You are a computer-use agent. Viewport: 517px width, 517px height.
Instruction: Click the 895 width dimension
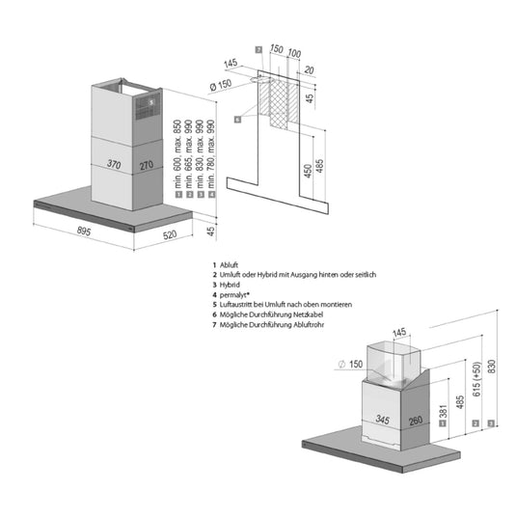click(x=84, y=231)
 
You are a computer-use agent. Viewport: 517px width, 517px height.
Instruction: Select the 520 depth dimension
click(x=170, y=234)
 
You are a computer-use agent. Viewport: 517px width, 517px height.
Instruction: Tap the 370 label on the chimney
click(x=114, y=164)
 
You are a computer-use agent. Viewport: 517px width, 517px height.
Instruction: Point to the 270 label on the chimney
click(x=147, y=165)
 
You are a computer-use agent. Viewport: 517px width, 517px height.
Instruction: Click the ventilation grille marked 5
click(x=148, y=105)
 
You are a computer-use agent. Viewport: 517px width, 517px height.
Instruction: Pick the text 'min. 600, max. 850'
click(x=177, y=154)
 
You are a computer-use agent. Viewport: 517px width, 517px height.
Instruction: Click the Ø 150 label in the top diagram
click(x=221, y=85)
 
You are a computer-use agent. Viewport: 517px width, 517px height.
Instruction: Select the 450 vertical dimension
click(x=308, y=172)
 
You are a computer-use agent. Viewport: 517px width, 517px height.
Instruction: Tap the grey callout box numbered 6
click(x=237, y=120)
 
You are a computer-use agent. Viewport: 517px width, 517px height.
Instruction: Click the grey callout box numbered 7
click(x=258, y=50)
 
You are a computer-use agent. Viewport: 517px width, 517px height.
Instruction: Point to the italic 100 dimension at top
click(x=294, y=53)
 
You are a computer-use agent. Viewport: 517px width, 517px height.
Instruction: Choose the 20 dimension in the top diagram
click(x=309, y=69)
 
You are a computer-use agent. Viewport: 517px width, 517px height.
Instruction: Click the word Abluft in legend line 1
click(x=229, y=264)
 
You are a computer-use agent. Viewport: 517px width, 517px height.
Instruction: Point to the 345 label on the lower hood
click(x=383, y=420)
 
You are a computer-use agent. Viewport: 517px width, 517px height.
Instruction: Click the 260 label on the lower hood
click(x=416, y=421)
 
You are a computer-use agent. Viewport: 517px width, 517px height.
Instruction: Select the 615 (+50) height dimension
click(x=476, y=379)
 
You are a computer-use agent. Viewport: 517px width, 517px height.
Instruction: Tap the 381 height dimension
click(x=443, y=411)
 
